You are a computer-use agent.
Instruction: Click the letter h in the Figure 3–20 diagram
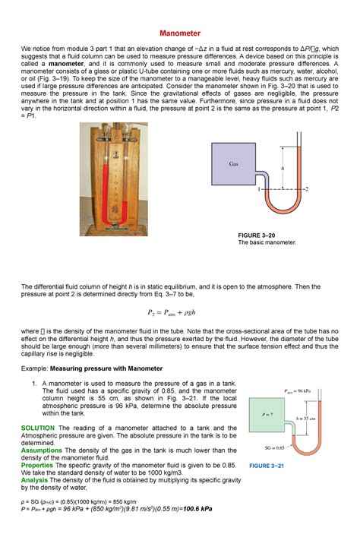(283, 169)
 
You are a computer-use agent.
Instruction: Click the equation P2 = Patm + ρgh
(179, 311)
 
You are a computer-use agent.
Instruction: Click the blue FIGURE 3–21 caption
(266, 465)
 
